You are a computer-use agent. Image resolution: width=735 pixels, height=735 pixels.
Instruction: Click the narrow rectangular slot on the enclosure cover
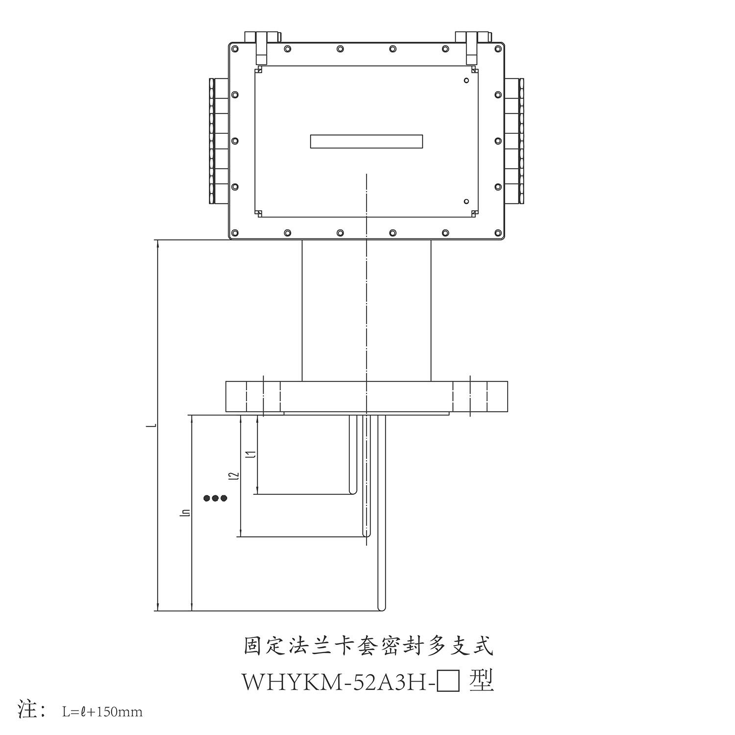point(367,141)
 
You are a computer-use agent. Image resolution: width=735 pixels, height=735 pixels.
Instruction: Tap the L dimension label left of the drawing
point(153,424)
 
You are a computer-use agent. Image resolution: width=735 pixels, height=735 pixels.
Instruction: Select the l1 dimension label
point(251,454)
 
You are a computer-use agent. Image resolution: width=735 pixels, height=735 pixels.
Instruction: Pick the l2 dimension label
point(235,475)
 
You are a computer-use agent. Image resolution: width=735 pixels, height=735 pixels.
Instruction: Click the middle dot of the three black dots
point(216,498)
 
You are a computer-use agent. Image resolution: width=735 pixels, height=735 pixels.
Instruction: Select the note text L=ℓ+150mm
point(102,711)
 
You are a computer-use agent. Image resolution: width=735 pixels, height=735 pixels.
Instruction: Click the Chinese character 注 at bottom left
point(28,709)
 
